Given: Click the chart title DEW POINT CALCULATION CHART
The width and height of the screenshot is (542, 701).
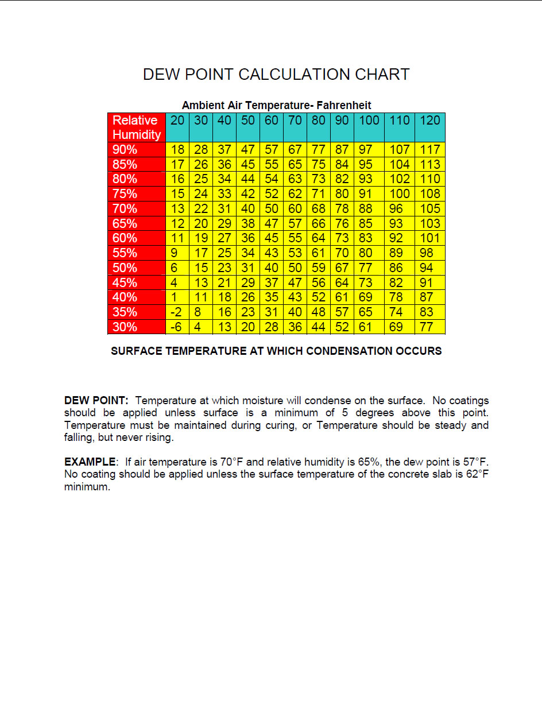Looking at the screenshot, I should pyautogui.click(x=276, y=75).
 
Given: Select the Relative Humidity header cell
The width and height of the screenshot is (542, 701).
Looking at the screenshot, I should pyautogui.click(x=136, y=127).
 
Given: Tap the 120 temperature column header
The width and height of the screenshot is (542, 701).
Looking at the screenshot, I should pyautogui.click(x=429, y=121).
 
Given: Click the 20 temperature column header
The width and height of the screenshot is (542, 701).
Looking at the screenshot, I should pyautogui.click(x=177, y=121).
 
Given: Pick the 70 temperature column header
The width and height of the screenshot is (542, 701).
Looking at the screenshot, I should pyautogui.click(x=295, y=121).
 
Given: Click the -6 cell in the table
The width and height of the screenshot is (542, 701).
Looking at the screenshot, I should pyautogui.click(x=177, y=327).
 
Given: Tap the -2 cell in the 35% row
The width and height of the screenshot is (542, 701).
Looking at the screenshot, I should pyautogui.click(x=177, y=312).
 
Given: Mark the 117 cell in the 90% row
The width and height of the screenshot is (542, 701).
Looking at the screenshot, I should pyautogui.click(x=429, y=150).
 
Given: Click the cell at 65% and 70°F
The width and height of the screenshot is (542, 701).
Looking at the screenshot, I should pyautogui.click(x=295, y=224).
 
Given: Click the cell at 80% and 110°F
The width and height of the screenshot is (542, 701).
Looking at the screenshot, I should pyautogui.click(x=399, y=179).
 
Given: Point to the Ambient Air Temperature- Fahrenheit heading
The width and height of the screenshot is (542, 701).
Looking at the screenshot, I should pyautogui.click(x=276, y=106).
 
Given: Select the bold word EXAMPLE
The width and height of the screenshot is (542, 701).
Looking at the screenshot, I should pyautogui.click(x=90, y=462).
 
